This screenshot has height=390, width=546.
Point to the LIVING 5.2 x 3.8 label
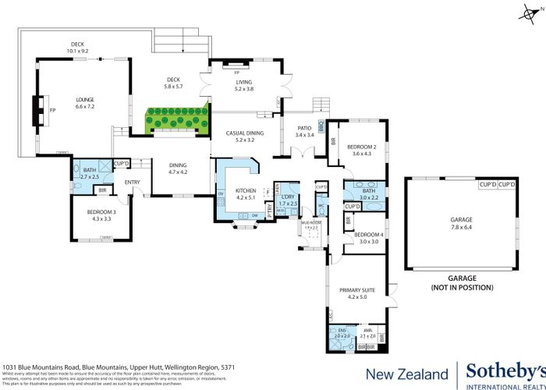[x=244, y=85]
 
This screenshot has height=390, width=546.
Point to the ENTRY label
[x=132, y=183]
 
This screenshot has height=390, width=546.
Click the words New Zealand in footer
[x=406, y=373]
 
